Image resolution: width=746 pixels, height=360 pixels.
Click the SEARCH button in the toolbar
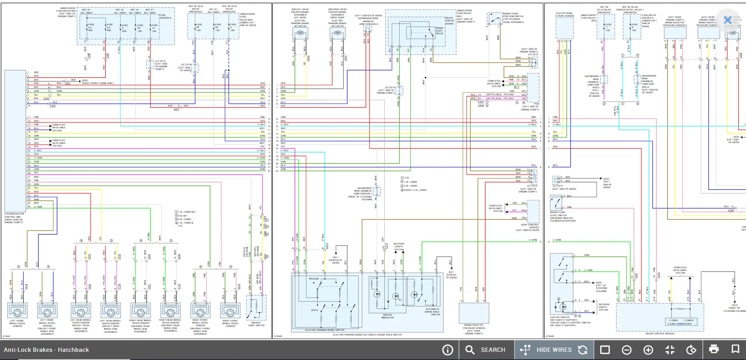point(486,350)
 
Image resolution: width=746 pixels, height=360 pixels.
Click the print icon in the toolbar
point(714,349)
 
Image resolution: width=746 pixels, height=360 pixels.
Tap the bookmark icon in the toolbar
point(735,349)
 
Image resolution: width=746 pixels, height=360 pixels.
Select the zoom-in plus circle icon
point(648,350)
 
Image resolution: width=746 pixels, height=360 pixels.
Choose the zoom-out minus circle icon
point(627,350)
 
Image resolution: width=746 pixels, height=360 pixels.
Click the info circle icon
point(448,350)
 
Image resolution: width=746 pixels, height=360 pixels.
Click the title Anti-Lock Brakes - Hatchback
point(46,350)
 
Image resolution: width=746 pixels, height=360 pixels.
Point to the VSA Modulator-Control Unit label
point(14,218)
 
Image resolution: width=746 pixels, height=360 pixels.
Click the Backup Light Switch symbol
point(256,308)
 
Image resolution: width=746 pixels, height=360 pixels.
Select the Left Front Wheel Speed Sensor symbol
point(18,311)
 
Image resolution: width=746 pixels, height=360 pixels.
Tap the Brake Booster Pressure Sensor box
point(473,313)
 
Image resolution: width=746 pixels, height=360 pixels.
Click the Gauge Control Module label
point(660,334)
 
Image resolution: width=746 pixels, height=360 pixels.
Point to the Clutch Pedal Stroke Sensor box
point(564,28)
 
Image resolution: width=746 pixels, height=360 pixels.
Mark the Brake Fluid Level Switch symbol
point(556,203)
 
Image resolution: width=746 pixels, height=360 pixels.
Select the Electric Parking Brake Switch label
point(324,330)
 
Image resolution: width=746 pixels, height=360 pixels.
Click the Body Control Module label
point(530,226)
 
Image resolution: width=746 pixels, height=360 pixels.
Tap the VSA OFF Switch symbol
point(562,307)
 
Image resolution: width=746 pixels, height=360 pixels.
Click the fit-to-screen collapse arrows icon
point(669,350)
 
